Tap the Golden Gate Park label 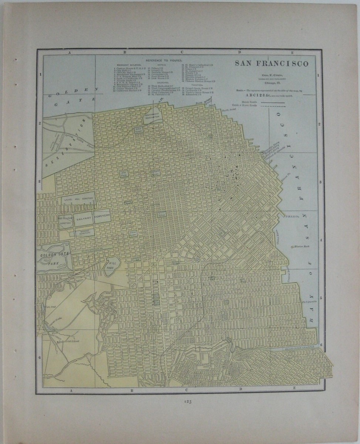[x=52, y=258]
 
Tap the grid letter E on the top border [x=292, y=53]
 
